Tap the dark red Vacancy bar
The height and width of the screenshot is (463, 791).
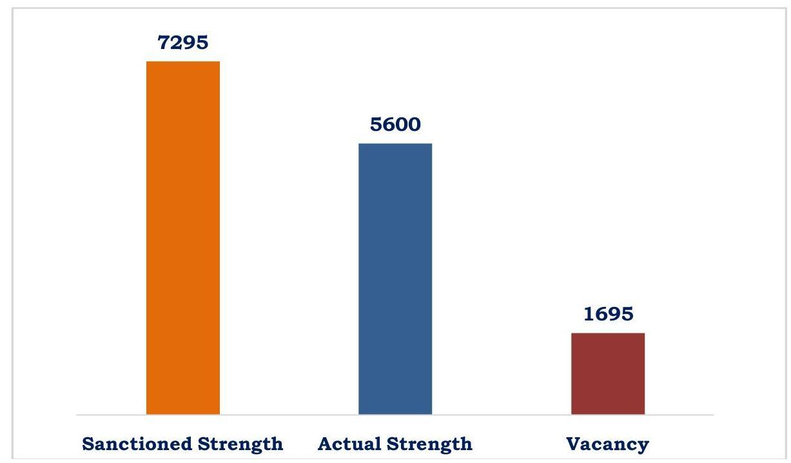(608, 373)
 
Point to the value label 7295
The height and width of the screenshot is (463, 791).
(183, 43)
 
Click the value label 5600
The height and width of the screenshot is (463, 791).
(395, 124)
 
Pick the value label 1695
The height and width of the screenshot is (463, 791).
(608, 314)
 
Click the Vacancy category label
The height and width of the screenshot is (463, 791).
(607, 444)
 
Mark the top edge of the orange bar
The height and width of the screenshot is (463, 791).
(183, 62)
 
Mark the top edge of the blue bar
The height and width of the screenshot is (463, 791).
(395, 144)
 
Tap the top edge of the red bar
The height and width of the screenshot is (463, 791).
(608, 333)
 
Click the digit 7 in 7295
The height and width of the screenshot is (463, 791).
(164, 43)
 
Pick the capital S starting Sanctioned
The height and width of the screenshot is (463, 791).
(88, 444)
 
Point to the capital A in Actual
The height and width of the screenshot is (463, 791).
(325, 444)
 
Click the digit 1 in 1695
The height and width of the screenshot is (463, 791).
(589, 314)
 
